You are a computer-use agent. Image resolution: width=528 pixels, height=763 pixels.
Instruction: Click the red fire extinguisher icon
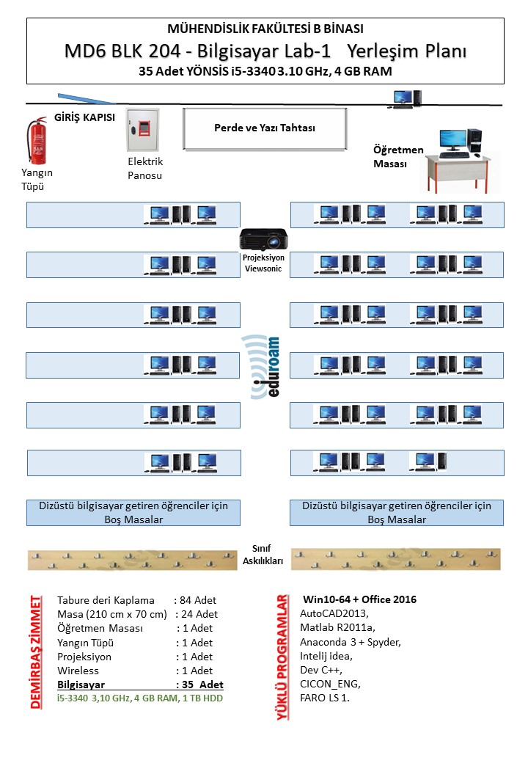pos(35,142)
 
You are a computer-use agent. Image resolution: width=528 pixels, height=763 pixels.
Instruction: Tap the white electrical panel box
pos(142,131)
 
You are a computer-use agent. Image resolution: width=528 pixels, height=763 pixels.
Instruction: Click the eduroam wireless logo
pos(263,366)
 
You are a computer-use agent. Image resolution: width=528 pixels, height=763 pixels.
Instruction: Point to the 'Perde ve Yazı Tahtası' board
pos(264,128)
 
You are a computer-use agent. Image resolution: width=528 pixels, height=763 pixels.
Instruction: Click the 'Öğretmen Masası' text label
pos(398,156)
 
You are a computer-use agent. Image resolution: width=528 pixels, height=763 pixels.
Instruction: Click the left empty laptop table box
pos(133,512)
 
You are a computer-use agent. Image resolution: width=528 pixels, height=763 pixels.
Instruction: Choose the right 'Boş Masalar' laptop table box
pos(397,512)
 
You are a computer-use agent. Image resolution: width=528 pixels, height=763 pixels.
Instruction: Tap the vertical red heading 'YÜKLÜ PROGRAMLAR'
pos(282,657)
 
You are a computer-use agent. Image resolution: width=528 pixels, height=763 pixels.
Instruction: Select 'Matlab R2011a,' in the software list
pos(337,627)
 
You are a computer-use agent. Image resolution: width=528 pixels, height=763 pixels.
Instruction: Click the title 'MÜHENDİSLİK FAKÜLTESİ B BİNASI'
pos(265,29)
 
